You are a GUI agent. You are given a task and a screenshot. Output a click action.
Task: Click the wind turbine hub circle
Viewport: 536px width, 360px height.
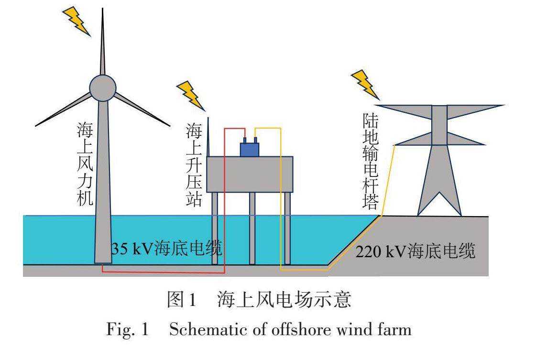point(103,87)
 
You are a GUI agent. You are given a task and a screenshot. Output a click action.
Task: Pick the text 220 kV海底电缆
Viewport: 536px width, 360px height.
point(415,251)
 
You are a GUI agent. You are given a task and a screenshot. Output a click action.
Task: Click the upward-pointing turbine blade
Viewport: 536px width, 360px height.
point(102,43)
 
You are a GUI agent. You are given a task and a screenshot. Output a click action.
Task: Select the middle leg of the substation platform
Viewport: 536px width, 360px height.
point(252,228)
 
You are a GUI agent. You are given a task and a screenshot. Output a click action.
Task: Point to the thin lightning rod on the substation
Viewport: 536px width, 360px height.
point(208,137)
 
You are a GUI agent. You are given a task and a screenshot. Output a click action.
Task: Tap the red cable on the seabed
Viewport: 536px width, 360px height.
point(163,273)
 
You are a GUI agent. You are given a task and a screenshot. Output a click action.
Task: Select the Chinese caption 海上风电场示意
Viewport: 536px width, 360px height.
point(284,300)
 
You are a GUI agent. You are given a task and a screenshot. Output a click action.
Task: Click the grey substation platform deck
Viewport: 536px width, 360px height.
point(249,175)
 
